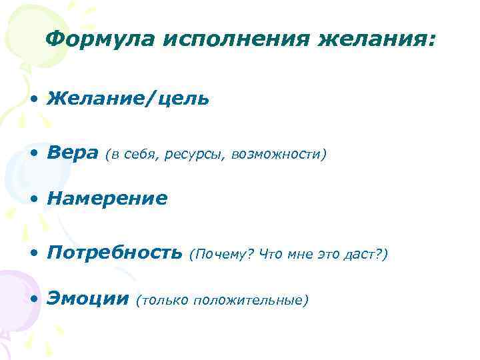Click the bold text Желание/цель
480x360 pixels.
[x=128, y=99]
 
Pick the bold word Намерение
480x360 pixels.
[x=107, y=199]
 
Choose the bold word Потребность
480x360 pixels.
[x=114, y=254]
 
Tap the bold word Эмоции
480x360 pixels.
[x=87, y=299]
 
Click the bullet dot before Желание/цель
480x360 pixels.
[x=33, y=101]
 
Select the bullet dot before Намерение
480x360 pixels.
[x=33, y=200]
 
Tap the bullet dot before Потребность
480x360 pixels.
[x=33, y=255]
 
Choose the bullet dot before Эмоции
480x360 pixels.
[x=33, y=301]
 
